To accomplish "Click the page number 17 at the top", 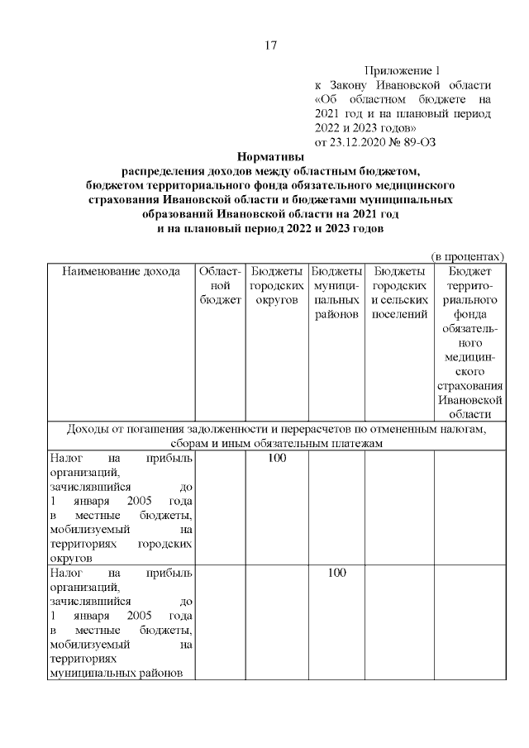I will (x=270, y=45).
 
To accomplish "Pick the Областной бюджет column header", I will (x=220, y=285).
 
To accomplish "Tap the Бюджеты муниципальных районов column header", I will (x=336, y=293).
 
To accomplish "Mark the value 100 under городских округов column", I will (x=277, y=458).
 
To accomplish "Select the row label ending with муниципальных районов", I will (x=121, y=622).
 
